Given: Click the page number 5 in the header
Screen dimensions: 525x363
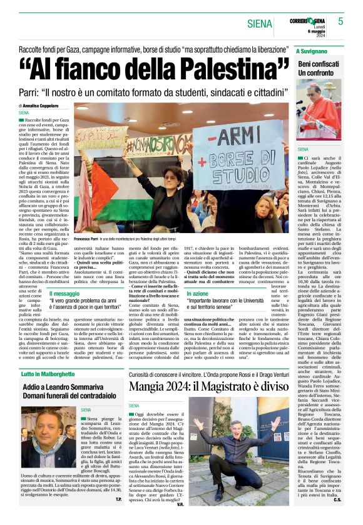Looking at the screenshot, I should (341, 21).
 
